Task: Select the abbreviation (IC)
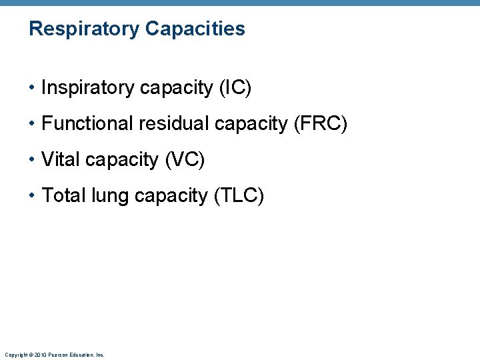tap(234, 87)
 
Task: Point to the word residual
tap(170, 123)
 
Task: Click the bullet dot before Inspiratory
tap(33, 88)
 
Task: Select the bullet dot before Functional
tap(33, 124)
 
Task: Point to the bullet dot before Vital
tap(33, 160)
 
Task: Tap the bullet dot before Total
tap(33, 196)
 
